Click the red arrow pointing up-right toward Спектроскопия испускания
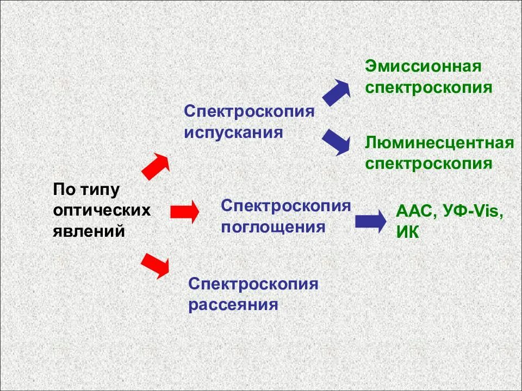(156, 166)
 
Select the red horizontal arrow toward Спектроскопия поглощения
(185, 211)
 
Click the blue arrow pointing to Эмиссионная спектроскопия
(337, 92)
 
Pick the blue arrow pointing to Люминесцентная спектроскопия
(336, 142)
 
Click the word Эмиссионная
(424, 67)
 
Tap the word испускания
(233, 132)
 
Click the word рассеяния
(233, 304)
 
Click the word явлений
(89, 231)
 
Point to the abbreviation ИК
(408, 232)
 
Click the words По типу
(86, 190)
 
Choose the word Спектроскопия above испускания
(250, 111)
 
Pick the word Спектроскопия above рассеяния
(253, 283)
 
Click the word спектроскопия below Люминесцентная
(429, 163)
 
